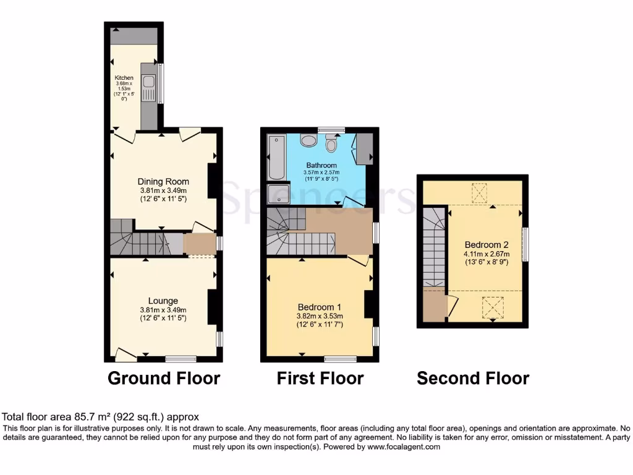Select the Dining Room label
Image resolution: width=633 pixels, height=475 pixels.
coord(163,182)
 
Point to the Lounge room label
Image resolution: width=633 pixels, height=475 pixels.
coord(163,301)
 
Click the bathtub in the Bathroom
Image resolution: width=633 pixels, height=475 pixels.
coord(274,157)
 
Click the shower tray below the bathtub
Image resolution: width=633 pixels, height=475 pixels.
coord(278,192)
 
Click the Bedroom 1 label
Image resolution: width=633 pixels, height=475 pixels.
coord(319,307)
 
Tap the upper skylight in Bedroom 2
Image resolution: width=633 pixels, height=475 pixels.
coord(480,193)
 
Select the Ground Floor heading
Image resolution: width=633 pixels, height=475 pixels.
coord(164,378)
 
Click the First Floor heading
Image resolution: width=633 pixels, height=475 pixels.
coord(320,378)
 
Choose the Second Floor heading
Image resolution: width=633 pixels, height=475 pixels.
coord(473,378)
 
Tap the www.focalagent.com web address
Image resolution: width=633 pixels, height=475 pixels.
coord(403,447)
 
